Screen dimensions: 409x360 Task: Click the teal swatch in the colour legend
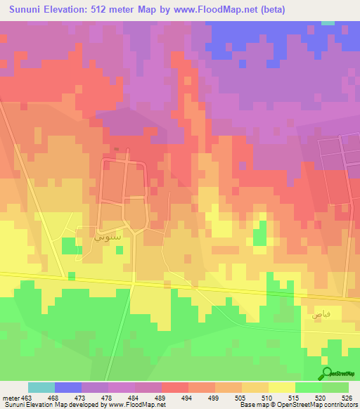[41, 388]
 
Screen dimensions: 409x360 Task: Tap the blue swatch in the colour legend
[68, 388]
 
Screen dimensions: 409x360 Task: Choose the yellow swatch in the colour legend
[282, 388]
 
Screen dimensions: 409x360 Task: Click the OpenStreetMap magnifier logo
[326, 373]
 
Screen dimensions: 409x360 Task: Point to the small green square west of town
[68, 246]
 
